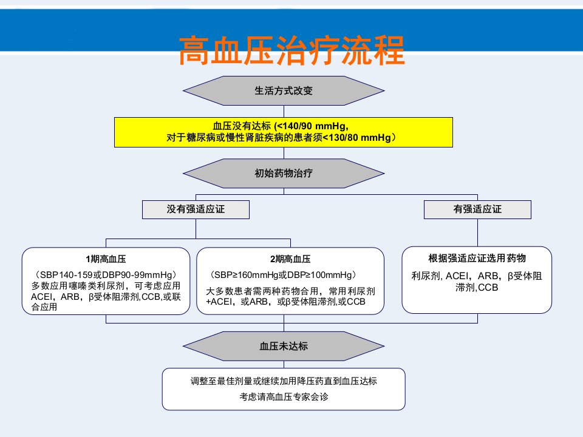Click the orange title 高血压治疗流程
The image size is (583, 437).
coord(291,50)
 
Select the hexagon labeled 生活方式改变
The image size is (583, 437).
coord(284,90)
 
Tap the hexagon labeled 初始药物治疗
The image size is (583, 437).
coord(284,173)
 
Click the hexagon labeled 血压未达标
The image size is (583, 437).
coord(284,347)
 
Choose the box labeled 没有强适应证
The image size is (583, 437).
coord(196,209)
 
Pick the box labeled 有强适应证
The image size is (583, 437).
coord(477,209)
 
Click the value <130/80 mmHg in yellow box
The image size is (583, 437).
coord(356,138)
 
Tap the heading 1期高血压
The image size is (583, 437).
coord(106,259)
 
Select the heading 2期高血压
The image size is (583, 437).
coord(290,259)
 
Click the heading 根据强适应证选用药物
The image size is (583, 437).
coord(477,259)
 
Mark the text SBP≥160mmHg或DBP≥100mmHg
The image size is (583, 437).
coord(283,275)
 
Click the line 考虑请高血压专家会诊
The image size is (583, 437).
coord(284,397)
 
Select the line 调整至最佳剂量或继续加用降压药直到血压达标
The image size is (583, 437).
coord(284,381)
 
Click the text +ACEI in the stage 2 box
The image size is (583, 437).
coord(219,302)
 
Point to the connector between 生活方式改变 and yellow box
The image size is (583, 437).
coord(284,112)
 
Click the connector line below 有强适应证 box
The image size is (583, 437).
coord(477,232)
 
